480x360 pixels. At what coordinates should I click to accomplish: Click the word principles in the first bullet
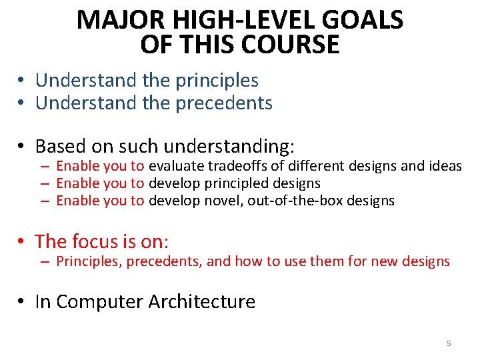(217, 81)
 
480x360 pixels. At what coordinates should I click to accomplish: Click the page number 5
(449, 343)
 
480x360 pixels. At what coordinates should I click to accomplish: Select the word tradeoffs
(238, 166)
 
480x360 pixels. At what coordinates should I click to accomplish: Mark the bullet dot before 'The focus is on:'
(22, 241)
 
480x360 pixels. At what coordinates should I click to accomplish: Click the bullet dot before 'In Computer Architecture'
(22, 303)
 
